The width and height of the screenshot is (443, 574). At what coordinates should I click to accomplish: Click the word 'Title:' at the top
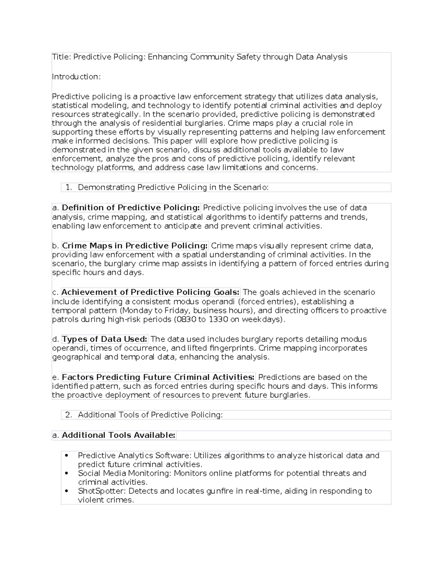61,57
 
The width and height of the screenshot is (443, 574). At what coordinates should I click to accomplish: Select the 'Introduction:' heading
76,77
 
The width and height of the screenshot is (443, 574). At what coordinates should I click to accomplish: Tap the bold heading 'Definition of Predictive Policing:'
131,208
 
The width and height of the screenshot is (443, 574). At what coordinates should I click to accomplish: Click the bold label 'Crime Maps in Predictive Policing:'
135,246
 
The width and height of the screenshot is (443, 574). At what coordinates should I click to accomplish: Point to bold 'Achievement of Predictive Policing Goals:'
151,292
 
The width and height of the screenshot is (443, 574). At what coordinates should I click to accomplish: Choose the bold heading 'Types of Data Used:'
105,339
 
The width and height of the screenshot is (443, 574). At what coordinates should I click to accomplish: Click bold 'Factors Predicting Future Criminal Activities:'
158,377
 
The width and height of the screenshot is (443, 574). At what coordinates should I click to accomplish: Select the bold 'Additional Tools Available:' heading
119,435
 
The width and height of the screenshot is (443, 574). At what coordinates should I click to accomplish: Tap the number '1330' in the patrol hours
218,319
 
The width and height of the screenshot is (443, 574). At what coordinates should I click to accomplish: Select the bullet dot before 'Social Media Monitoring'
66,473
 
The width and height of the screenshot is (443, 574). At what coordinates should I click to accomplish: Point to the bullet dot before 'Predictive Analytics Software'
66,456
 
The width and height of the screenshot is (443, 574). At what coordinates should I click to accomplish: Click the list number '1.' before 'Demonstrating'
68,187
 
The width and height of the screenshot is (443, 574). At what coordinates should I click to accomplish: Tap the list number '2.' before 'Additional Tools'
68,415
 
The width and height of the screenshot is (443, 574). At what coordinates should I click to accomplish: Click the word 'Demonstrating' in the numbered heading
107,187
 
